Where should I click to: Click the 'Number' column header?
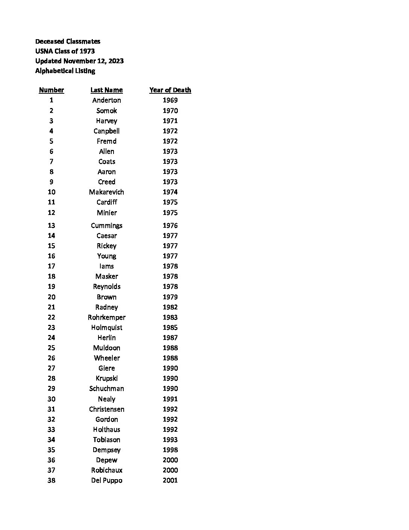[x=52, y=90]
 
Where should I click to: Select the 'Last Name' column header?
[x=106, y=90]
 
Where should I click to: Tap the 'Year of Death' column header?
[x=170, y=90]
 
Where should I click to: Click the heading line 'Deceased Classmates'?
[x=68, y=41]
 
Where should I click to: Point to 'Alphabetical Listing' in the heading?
[x=65, y=71]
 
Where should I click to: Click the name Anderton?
[x=106, y=100]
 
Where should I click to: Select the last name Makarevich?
[x=106, y=192]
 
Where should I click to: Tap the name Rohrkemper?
[x=106, y=317]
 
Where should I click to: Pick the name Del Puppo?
[x=106, y=480]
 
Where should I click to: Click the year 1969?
[x=170, y=100]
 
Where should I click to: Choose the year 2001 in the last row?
[x=170, y=480]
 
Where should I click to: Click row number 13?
[x=52, y=225]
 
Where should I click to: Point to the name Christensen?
[x=106, y=409]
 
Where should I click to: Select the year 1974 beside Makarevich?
[x=170, y=192]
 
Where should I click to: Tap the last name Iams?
[x=106, y=266]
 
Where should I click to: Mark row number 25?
[x=52, y=348]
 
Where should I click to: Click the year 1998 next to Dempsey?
[x=170, y=450]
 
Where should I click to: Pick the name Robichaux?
[x=106, y=470]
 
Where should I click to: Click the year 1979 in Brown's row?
[x=170, y=297]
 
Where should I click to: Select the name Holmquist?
[x=106, y=327]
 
